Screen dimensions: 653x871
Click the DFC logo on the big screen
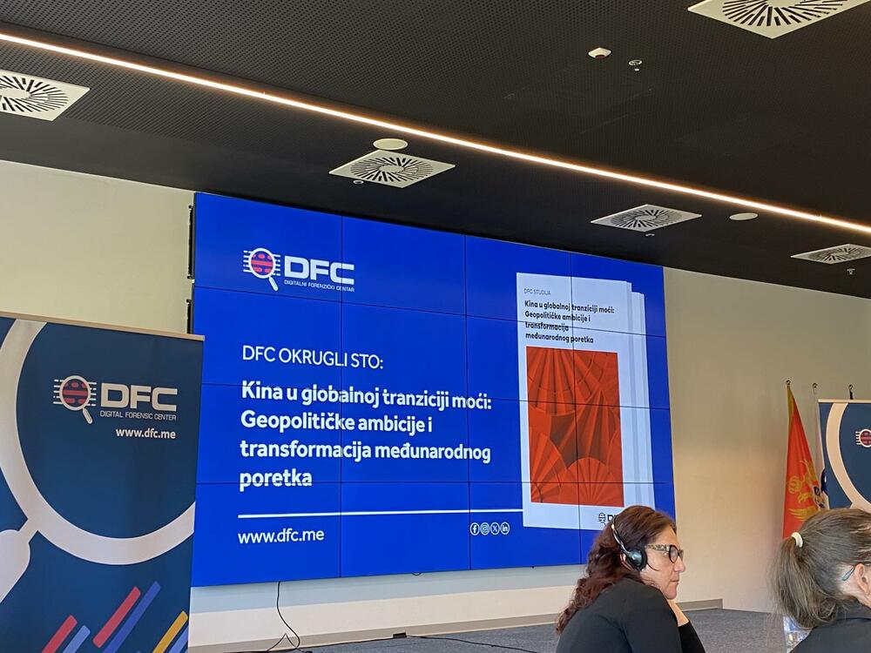(x=299, y=269)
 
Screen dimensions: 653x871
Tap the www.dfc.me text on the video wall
(x=280, y=536)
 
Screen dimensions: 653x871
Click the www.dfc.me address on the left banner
(x=145, y=433)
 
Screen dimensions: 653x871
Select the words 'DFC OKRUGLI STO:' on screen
(x=312, y=355)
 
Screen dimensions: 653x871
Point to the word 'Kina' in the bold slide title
(x=260, y=390)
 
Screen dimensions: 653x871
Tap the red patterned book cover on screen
(x=574, y=427)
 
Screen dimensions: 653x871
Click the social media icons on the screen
(x=490, y=528)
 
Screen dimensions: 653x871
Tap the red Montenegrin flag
(x=800, y=470)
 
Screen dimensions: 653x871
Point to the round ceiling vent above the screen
(x=391, y=168)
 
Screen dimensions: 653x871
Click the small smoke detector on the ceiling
(x=599, y=53)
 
